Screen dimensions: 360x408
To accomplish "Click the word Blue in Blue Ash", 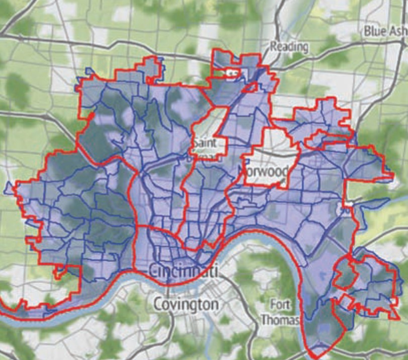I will pos(374,31).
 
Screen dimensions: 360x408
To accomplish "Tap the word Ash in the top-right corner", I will pos(398,31).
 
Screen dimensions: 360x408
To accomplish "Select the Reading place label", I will pos(289,47).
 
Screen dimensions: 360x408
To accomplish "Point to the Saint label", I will pos(205,143).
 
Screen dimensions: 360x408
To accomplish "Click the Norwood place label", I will pos(266,172).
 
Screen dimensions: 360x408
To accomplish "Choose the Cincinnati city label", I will pos(183,272).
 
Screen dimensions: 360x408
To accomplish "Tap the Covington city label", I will pos(186,304).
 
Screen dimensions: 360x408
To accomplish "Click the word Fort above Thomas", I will pos(280,305).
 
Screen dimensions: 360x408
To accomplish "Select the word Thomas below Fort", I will pos(280,319).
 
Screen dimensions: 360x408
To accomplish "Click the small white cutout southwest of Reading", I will pos(232,73).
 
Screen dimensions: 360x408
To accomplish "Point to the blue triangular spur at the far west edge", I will pos(8,188).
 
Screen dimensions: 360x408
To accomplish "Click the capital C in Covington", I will pos(157,304).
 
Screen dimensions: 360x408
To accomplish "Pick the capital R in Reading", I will pos(274,47).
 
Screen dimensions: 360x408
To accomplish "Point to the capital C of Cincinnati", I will pos(153,272).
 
